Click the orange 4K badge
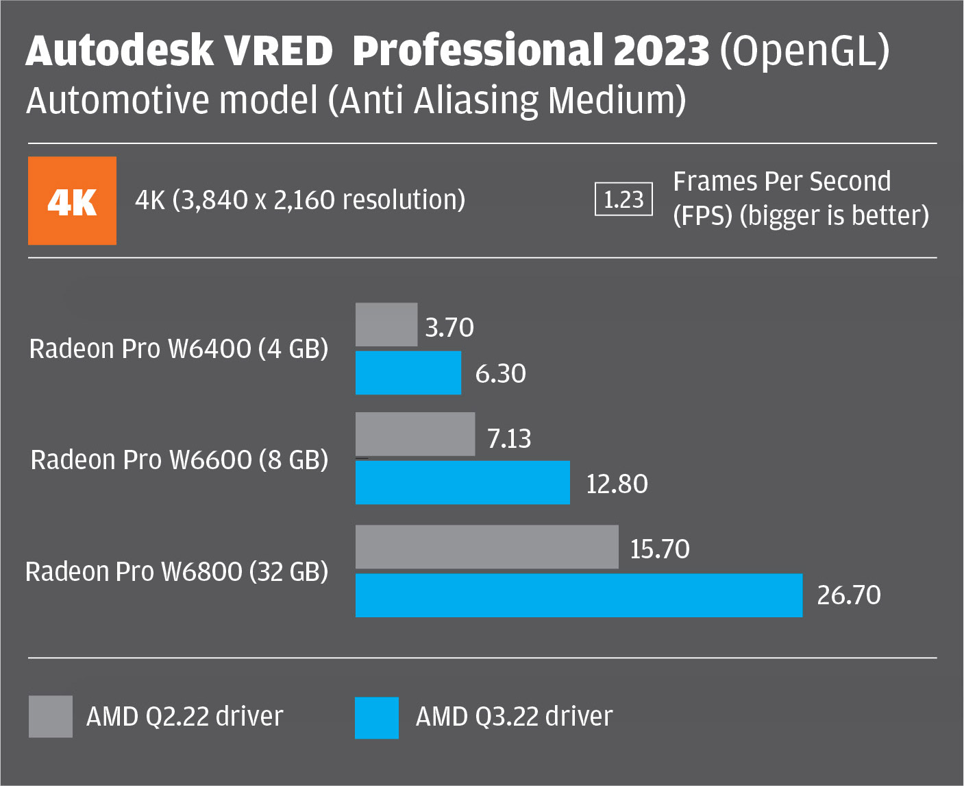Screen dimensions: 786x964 [x=72, y=201]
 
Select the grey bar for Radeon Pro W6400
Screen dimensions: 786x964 [x=386, y=324]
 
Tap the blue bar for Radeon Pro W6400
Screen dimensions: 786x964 [x=408, y=372]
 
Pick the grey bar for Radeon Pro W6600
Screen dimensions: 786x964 [x=415, y=434]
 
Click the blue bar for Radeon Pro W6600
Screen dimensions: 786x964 [x=462, y=482]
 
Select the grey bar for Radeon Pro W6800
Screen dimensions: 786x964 [x=487, y=547]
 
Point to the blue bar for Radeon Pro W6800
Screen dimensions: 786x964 [x=579, y=595]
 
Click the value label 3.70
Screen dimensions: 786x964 [x=449, y=328]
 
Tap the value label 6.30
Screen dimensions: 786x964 [x=501, y=374]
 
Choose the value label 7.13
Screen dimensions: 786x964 [x=509, y=439]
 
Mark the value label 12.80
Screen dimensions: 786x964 [x=617, y=484]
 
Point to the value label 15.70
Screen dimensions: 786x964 [x=660, y=549]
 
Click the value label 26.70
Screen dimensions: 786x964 [x=849, y=595]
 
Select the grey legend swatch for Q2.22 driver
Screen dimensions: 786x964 [x=51, y=717]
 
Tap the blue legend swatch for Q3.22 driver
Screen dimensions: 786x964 [x=377, y=718]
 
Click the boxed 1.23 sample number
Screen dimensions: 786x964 [x=623, y=200]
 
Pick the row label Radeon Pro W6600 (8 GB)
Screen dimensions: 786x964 [x=180, y=460]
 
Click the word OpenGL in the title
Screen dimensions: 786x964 [x=804, y=51]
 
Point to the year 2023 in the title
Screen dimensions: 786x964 [x=661, y=51]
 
